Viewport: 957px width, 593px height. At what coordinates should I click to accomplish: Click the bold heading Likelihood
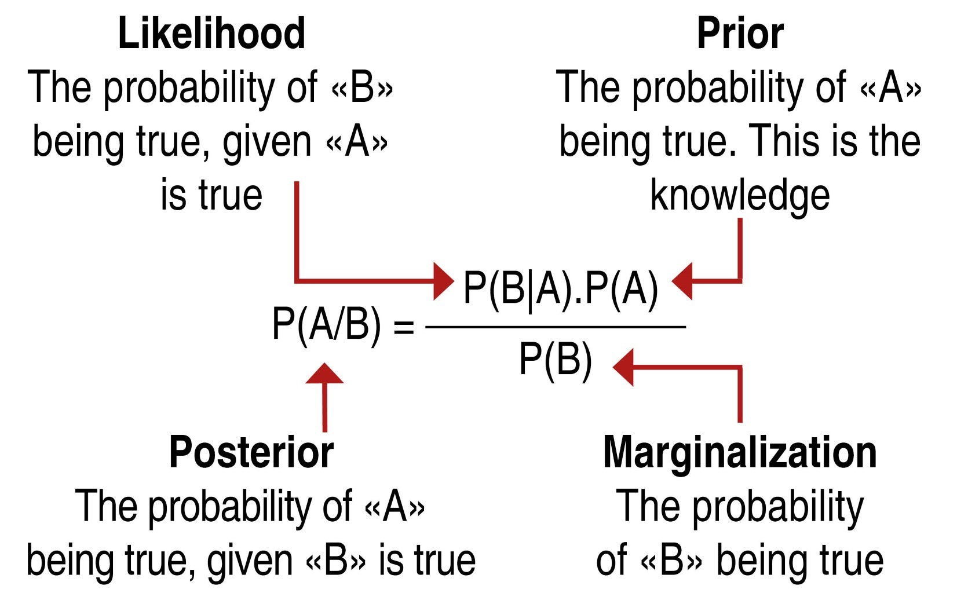pyautogui.click(x=211, y=34)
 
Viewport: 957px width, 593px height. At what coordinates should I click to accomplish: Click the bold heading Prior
pyautogui.click(x=740, y=34)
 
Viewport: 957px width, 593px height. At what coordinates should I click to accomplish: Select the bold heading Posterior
pyautogui.click(x=251, y=452)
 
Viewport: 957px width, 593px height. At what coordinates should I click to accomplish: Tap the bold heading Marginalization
pyautogui.click(x=740, y=452)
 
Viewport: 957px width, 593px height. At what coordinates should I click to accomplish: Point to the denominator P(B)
pyautogui.click(x=555, y=360)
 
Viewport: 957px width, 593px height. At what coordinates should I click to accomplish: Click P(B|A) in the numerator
pyautogui.click(x=518, y=288)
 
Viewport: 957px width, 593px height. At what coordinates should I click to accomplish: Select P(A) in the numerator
pyautogui.click(x=622, y=288)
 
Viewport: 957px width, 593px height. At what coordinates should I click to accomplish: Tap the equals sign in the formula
pyautogui.click(x=404, y=327)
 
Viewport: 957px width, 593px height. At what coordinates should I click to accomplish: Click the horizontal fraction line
pyautogui.click(x=555, y=327)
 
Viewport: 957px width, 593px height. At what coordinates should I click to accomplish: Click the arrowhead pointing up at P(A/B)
pyautogui.click(x=324, y=374)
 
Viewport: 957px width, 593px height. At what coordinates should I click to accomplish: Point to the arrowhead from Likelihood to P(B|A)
pyautogui.click(x=443, y=281)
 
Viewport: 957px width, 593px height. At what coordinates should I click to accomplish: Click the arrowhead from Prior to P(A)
pyautogui.click(x=682, y=281)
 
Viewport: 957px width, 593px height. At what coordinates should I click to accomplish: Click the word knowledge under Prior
pyautogui.click(x=740, y=196)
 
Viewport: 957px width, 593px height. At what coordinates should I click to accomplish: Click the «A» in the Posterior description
pyautogui.click(x=395, y=507)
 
